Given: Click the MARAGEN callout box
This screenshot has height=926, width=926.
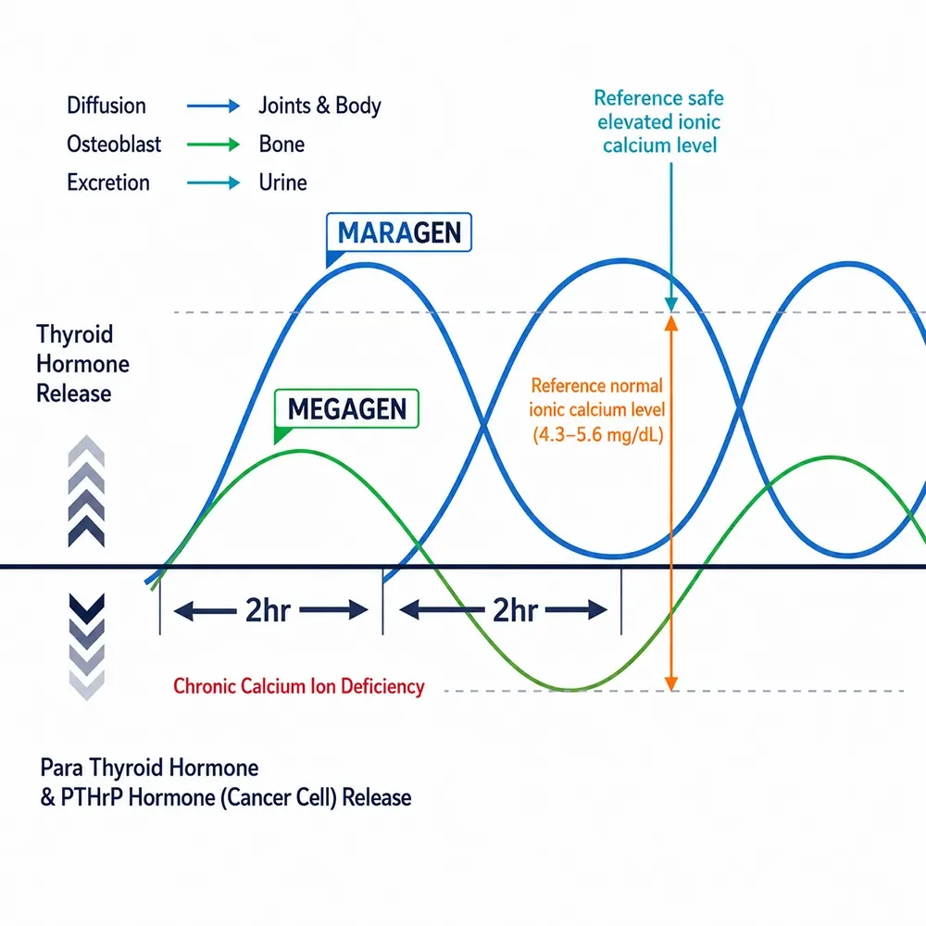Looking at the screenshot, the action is (x=398, y=232).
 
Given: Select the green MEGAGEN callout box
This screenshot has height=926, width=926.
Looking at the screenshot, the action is (x=346, y=408).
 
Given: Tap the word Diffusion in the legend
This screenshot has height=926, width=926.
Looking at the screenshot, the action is (x=106, y=106).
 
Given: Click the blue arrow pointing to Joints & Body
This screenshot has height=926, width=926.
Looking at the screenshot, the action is (x=213, y=106).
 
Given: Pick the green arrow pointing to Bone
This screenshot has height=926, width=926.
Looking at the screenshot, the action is (x=213, y=144).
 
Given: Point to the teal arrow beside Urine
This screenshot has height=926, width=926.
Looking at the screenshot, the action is (x=213, y=182).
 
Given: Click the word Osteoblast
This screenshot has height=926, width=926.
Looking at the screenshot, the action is (x=114, y=144).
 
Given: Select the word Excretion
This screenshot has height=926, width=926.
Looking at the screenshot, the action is (x=108, y=182).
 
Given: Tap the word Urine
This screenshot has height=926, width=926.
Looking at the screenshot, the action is (x=282, y=182).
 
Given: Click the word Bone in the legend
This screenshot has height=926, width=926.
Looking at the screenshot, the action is (x=282, y=144).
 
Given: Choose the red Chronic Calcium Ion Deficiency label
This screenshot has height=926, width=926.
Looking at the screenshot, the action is (x=299, y=686).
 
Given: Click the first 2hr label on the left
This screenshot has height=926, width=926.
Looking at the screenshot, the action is (x=268, y=610).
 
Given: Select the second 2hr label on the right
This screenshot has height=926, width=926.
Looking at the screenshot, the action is (x=515, y=610).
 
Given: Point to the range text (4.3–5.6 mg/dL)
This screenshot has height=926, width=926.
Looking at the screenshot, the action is (x=598, y=434).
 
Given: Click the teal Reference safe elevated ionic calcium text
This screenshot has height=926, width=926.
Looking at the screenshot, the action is (x=659, y=121).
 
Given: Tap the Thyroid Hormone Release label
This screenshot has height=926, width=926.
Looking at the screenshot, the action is (x=82, y=364).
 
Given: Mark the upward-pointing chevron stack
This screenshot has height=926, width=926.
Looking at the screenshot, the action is (x=86, y=491).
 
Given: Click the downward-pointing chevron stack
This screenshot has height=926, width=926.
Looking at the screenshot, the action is (x=87, y=646).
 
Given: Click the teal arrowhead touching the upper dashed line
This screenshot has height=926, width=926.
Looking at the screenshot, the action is (x=671, y=305).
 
